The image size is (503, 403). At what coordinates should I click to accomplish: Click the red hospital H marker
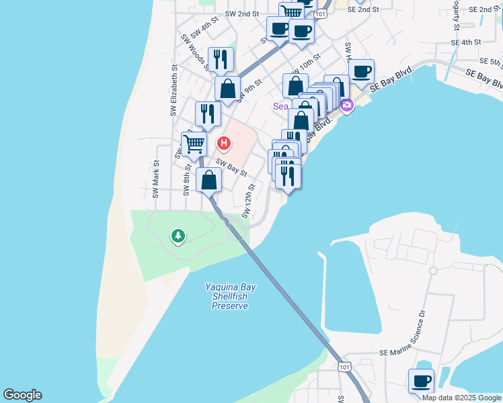224,144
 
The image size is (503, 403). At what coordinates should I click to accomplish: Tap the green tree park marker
178,236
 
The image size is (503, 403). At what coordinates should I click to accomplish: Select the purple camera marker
347,104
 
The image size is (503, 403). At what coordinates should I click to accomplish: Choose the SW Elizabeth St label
173,90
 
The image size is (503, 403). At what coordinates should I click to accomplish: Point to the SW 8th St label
188,179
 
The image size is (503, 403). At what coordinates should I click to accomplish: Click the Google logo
22,395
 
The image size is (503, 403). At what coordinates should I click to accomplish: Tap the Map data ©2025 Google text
462,398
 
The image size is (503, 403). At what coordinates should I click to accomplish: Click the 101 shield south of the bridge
344,367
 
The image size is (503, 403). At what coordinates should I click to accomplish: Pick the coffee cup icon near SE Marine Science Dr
422,381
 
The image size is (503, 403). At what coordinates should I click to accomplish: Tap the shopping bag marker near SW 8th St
209,180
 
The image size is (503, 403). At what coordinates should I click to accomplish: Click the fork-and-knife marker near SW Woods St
220,59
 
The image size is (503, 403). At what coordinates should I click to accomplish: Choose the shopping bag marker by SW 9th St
227,88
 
